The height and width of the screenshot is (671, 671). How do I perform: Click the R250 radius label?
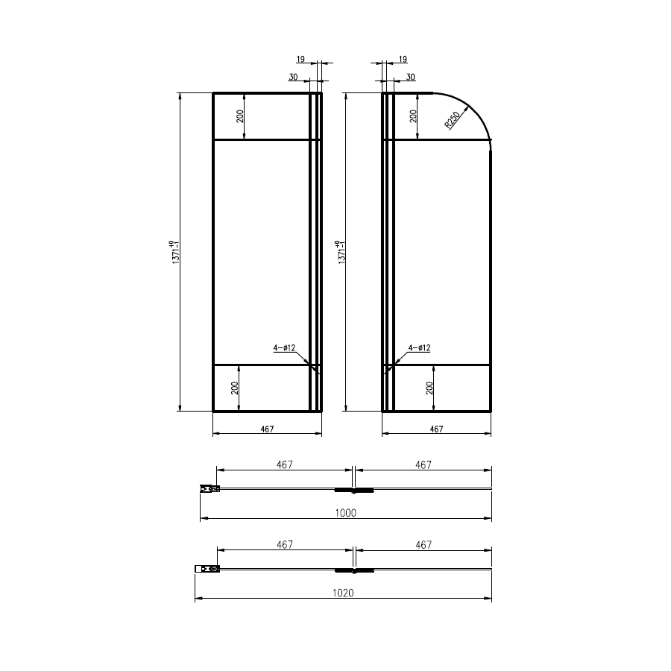[452, 120]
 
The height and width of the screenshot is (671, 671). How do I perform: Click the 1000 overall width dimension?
[345, 513]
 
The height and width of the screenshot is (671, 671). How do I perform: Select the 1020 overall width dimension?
[343, 593]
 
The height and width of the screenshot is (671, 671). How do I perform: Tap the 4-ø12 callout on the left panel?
[285, 348]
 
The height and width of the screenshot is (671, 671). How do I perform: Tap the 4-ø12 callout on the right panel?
[419, 348]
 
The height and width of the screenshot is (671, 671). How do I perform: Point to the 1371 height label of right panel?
[340, 252]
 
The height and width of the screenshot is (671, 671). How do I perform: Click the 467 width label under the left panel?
[267, 429]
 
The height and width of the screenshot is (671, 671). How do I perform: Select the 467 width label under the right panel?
[436, 429]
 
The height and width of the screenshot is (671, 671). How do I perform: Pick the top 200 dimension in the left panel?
[240, 116]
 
